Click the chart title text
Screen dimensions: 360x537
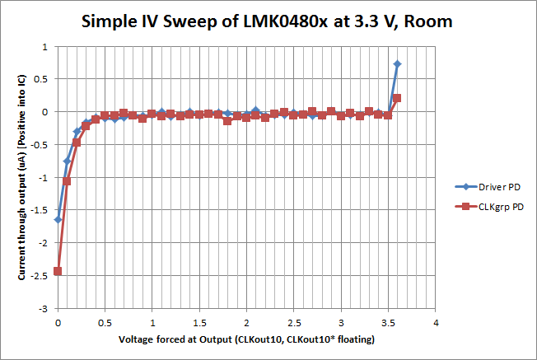pyautogui.click(x=268, y=21)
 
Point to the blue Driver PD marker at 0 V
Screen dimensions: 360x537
pyautogui.click(x=58, y=220)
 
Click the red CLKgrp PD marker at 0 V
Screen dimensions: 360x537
pyautogui.click(x=58, y=271)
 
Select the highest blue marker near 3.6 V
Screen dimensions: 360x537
pyautogui.click(x=397, y=63)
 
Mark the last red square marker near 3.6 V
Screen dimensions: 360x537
pyautogui.click(x=397, y=98)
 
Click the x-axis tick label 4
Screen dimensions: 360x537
pyautogui.click(x=435, y=322)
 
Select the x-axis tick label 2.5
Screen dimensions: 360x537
pyautogui.click(x=293, y=322)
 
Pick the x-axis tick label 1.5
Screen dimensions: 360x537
pyautogui.click(x=199, y=322)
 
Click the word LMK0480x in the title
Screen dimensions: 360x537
pyautogui.click(x=283, y=21)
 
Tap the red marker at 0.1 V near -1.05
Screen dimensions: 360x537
pyautogui.click(x=67, y=180)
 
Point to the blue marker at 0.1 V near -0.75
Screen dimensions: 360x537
pyautogui.click(x=67, y=161)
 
